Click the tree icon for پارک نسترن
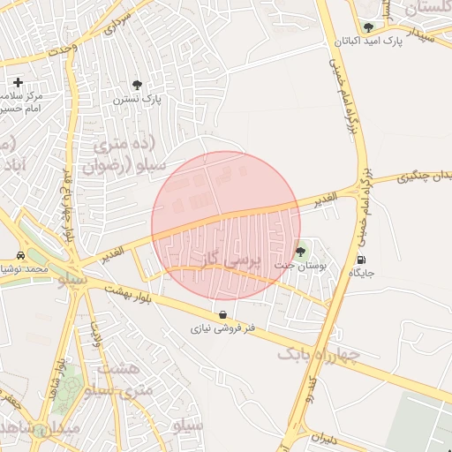[x=137, y=85]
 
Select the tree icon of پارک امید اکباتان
[x=368, y=27]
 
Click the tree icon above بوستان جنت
[x=300, y=251]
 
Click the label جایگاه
[x=361, y=273]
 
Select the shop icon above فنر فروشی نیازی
[x=222, y=314]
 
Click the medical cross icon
[x=18, y=82]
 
